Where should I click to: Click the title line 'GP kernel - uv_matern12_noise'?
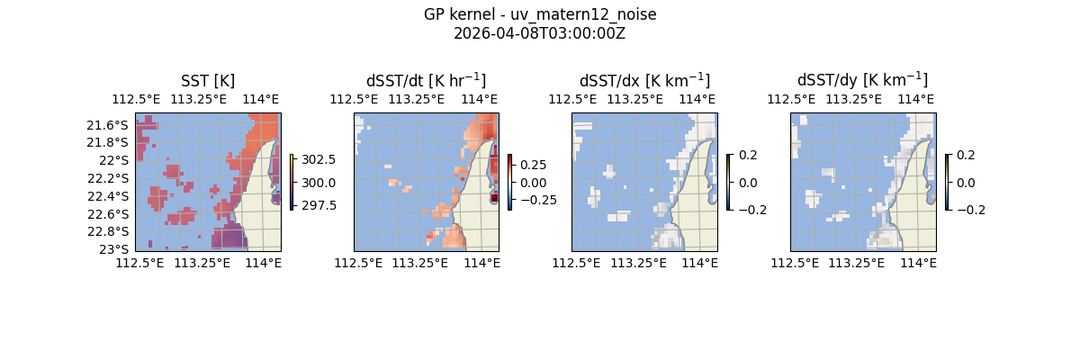coord(540,14)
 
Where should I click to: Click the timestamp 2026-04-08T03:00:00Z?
coord(540,33)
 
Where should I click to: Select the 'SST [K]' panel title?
coord(208,81)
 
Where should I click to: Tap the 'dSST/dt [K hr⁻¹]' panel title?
coord(426,81)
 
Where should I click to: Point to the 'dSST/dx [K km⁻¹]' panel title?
coord(644,81)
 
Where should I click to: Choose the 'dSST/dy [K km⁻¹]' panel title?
coord(862,81)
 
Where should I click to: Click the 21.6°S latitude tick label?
coord(112,124)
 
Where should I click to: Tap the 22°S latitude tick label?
coord(117,160)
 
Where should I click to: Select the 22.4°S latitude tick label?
coord(112,196)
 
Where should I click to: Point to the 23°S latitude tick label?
coord(117,249)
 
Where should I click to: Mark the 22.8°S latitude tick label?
coord(112,231)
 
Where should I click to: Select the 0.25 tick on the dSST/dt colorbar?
coord(534,165)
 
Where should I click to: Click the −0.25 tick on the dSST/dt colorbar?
coord(537,200)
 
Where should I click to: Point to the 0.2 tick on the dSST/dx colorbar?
coord(748,155)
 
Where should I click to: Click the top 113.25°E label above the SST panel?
coord(196,99)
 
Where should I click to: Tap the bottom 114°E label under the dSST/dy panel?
coord(918,263)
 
